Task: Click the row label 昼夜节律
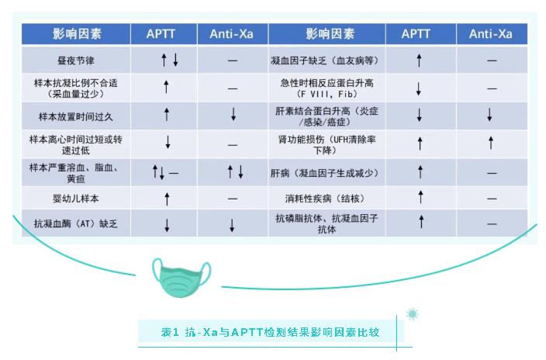click(x=76, y=61)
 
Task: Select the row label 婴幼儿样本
click(x=76, y=199)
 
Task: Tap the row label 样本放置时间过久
click(x=76, y=116)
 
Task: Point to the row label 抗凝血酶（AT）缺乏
click(x=76, y=223)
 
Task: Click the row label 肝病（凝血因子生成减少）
click(x=324, y=173)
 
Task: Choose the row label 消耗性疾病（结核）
click(x=324, y=199)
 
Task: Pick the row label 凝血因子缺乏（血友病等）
click(x=324, y=61)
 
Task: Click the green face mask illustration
click(x=181, y=277)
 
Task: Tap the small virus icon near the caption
click(x=413, y=314)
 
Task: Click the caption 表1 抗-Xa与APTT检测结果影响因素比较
click(x=270, y=332)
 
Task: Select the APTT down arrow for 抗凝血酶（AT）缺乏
click(x=168, y=225)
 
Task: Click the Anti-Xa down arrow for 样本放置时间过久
click(x=233, y=114)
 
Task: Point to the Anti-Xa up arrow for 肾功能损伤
click(x=491, y=143)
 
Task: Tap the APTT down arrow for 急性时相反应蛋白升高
click(x=419, y=89)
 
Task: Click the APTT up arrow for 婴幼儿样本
click(x=168, y=199)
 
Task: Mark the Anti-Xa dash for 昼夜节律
click(x=233, y=61)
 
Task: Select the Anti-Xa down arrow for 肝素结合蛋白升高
click(x=489, y=115)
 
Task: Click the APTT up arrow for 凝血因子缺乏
click(x=419, y=61)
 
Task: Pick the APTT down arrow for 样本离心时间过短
click(x=168, y=142)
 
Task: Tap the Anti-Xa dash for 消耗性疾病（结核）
click(x=492, y=199)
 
